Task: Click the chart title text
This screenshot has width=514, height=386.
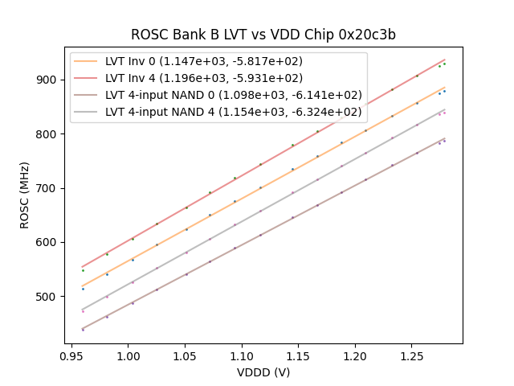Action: tap(263, 35)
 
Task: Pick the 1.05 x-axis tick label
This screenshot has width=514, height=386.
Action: tap(186, 355)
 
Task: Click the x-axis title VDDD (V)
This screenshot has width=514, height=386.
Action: tap(263, 372)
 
